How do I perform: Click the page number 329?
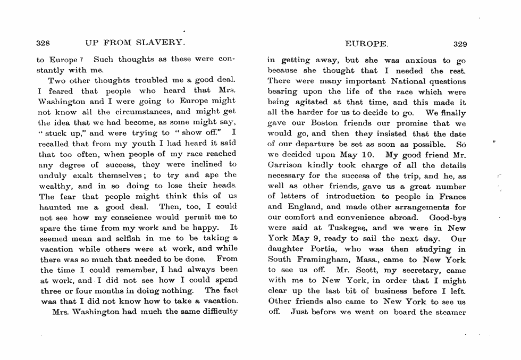pyautogui.click(x=460, y=44)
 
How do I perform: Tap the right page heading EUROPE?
pyautogui.click(x=367, y=44)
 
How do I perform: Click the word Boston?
pyautogui.click(x=325, y=123)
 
